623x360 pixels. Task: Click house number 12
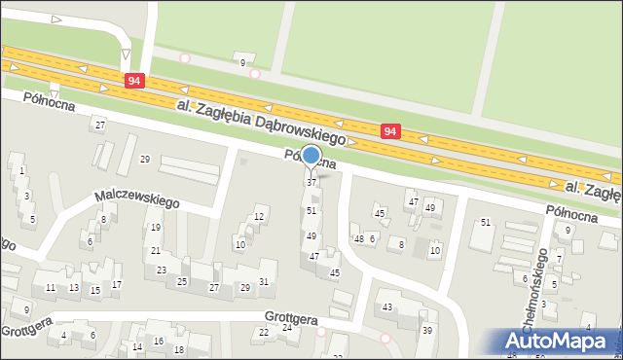[259, 216]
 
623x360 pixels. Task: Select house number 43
[387, 307]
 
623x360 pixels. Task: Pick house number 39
[427, 331]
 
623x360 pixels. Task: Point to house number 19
[155, 228]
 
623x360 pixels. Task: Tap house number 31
[264, 282]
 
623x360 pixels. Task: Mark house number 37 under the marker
[311, 183]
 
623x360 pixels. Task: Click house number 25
[182, 282]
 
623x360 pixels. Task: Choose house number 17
[117, 284]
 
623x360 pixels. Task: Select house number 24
[286, 327]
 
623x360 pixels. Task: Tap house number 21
[155, 251]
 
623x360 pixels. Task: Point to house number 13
[74, 288]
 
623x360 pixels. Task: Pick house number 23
[162, 270]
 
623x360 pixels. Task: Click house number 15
[95, 291]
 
